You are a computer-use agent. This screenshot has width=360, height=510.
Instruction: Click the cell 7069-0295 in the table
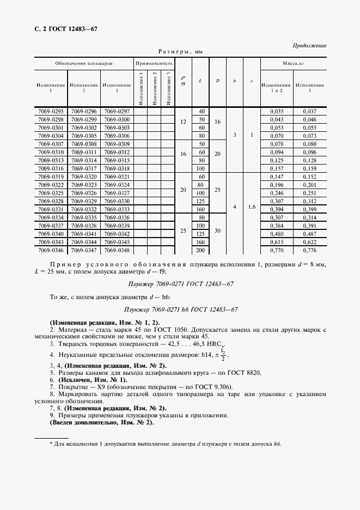tap(51, 111)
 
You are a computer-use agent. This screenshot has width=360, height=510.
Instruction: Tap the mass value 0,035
tap(277, 111)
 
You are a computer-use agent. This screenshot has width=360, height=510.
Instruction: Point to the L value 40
tap(201, 111)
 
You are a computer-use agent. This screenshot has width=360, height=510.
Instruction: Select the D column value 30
tap(218, 230)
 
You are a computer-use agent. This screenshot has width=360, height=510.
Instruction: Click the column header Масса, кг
tap(293, 63)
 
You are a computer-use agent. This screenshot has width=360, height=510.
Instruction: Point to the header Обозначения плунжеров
tap(84, 63)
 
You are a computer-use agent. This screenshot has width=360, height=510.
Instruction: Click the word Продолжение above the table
tap(309, 45)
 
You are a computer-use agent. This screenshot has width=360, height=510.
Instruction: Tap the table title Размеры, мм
tap(180, 52)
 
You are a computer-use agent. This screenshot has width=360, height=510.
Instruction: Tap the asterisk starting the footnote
tap(51, 444)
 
